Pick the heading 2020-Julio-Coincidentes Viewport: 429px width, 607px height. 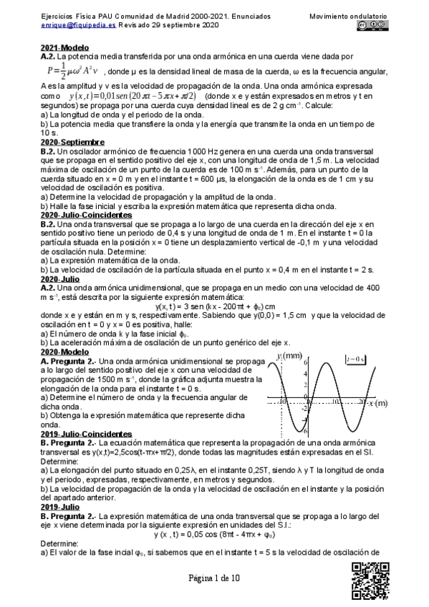pos(86,214)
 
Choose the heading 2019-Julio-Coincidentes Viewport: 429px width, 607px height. pos(86,455)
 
